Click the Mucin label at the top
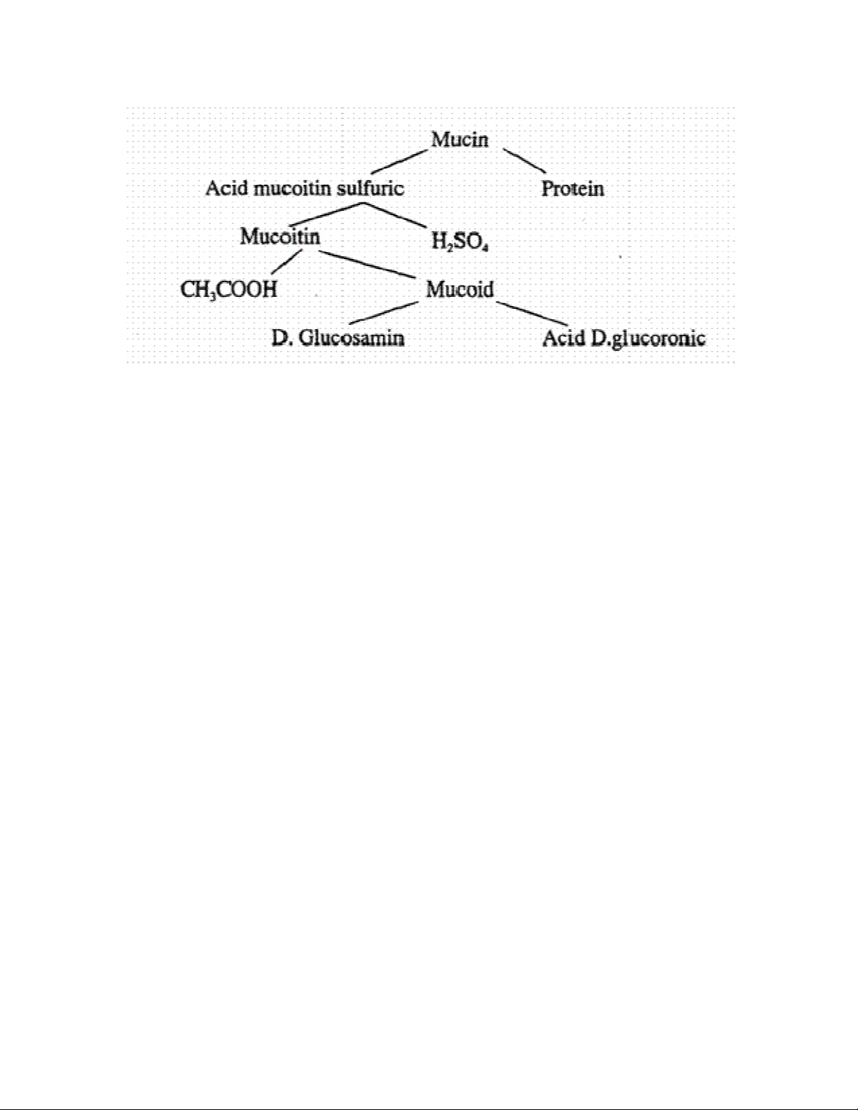(459, 139)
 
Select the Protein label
(572, 189)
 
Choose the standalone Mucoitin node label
(280, 237)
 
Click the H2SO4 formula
(459, 242)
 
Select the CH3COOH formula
(229, 290)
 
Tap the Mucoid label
(460, 290)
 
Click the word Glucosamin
(352, 338)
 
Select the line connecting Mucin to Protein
(524, 160)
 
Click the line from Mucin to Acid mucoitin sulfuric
(399, 161)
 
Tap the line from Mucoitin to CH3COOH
(286, 261)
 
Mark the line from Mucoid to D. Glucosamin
(384, 312)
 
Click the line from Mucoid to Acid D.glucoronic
(532, 314)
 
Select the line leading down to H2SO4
(395, 215)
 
